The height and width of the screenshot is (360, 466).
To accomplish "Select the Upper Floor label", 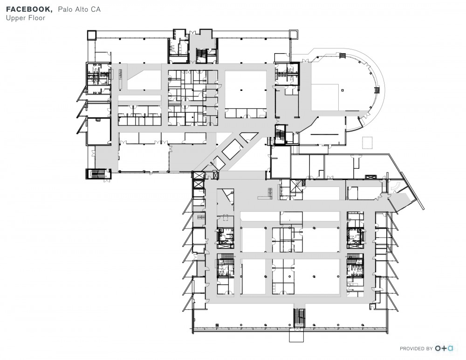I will click(25, 18).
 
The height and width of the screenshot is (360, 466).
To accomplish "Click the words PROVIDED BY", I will click(416, 348).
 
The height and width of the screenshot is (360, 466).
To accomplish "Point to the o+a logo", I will click(444, 348).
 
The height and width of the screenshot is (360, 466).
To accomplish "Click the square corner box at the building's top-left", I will click(91, 35).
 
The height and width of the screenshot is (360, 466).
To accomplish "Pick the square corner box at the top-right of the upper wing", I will click(293, 34).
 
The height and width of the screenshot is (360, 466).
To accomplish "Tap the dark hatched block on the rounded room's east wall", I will click(378, 90).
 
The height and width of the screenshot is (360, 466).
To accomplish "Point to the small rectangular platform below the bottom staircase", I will click(296, 335).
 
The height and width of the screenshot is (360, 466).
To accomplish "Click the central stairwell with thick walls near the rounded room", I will click(281, 134).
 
